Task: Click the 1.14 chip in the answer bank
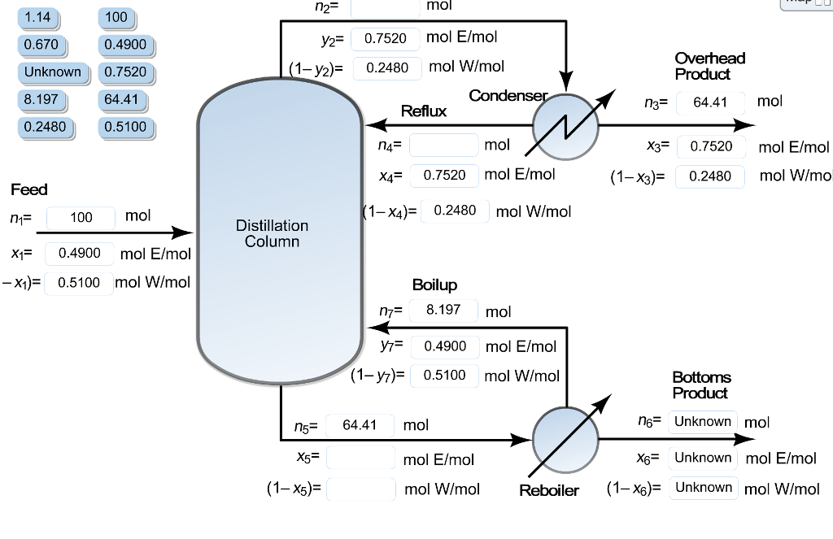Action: coord(37,16)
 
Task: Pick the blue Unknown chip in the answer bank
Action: coord(52,72)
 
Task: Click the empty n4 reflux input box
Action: coord(443,146)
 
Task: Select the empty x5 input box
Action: coord(360,458)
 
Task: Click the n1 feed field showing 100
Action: coord(81,218)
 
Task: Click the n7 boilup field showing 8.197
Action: coord(443,310)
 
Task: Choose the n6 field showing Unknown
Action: coord(703,421)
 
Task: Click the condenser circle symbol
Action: coord(565,127)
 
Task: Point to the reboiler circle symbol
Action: coord(565,439)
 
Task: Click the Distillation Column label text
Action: coord(272,233)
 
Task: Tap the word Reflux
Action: coord(423,111)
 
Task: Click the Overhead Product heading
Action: coord(709,66)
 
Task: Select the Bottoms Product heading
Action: coord(701,385)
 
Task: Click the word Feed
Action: coord(29,189)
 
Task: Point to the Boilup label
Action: coord(434,285)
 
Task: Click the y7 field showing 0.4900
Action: coord(445,346)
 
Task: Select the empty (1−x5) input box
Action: coord(360,489)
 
